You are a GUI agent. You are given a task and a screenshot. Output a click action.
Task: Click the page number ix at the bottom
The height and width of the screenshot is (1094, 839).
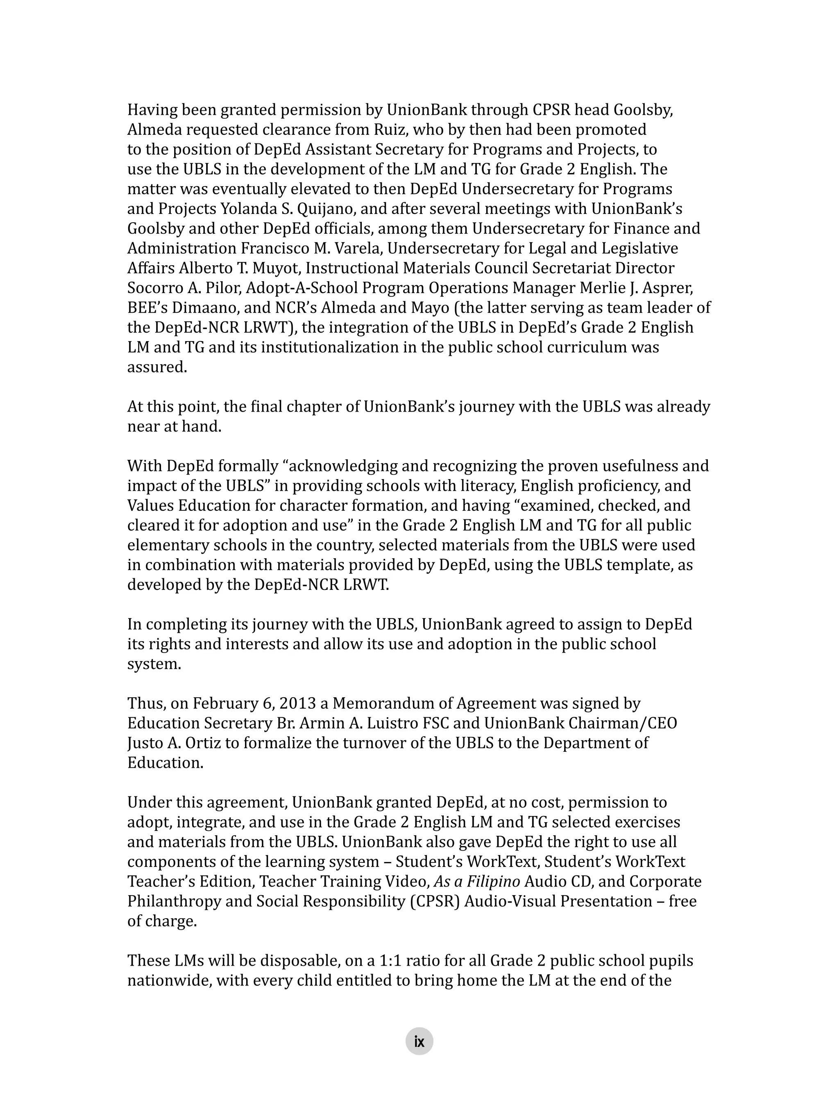click(419, 1042)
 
